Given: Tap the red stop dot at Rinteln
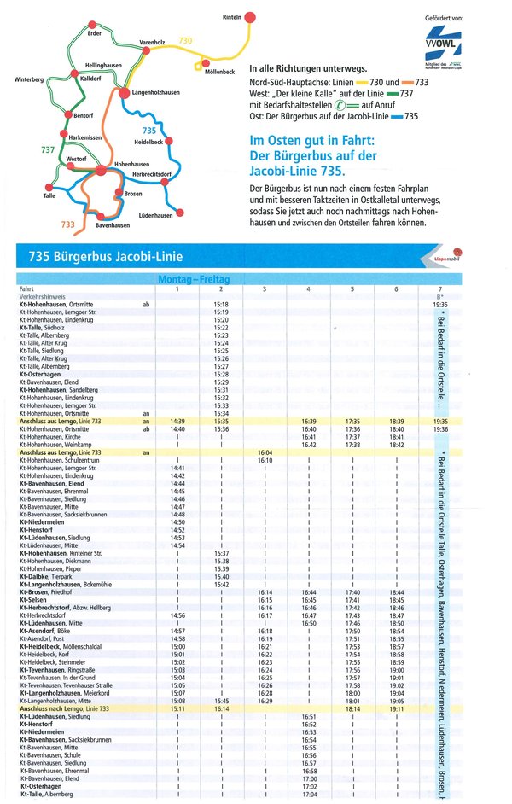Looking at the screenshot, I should [250, 17].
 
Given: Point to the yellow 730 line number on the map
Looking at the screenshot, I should [186, 40].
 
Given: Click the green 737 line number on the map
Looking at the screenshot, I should [48, 150].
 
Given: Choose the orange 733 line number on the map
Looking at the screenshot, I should [69, 224].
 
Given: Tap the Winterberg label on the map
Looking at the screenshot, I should [30, 79].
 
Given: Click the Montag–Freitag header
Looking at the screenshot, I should [195, 279].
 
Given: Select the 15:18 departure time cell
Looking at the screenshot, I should [221, 304].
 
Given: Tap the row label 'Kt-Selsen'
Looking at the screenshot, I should [32, 600].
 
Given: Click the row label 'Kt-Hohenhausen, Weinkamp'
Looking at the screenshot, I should [55, 445].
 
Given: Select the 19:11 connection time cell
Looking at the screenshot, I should [396, 708].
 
